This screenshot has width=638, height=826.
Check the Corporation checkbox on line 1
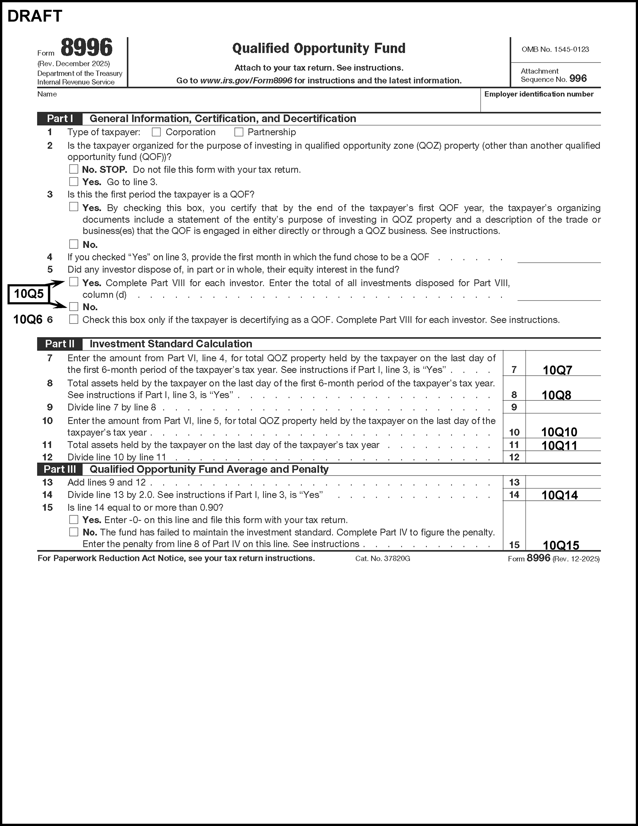[156, 132]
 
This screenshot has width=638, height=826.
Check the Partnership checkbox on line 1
[239, 132]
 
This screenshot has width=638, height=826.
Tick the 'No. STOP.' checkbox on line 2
[74, 169]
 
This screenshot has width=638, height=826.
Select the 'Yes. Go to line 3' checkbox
[74, 182]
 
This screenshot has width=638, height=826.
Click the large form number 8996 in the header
[87, 48]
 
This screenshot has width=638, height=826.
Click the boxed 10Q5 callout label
[29, 294]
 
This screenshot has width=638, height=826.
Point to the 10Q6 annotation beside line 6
[28, 320]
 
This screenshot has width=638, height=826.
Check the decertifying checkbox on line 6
[74, 320]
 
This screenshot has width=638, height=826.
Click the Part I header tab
[60, 119]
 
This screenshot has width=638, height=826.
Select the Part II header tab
[60, 344]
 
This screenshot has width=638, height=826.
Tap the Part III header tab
[60, 469]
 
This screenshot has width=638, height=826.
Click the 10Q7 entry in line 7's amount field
[557, 370]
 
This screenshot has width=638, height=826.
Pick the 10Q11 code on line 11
[559, 445]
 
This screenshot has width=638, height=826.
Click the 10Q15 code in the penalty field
[561, 545]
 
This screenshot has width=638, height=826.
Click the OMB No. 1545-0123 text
[555, 50]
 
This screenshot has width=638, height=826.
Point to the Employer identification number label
[539, 94]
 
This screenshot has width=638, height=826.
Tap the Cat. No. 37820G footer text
[383, 559]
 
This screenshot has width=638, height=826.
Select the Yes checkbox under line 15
[74, 520]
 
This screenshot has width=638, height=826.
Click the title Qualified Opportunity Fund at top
[319, 49]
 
